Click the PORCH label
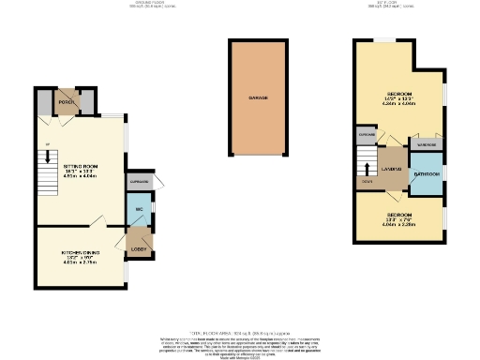tap(66, 102)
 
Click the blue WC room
tap(138, 210)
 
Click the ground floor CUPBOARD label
tap(140, 182)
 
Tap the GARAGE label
tap(258, 97)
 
